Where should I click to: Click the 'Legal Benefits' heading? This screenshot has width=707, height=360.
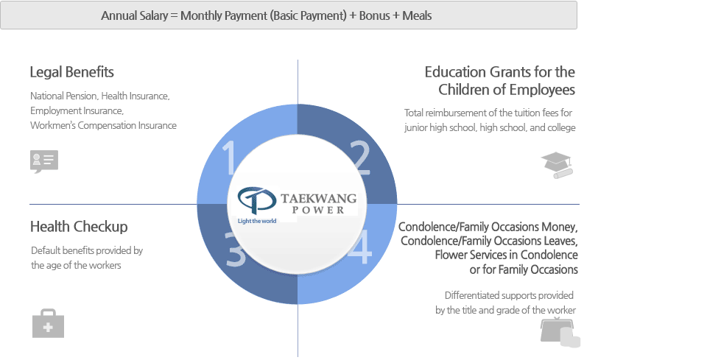71,72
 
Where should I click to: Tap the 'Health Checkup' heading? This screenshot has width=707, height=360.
79,226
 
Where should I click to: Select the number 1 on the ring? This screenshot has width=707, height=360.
230,157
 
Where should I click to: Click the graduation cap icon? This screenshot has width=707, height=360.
557,165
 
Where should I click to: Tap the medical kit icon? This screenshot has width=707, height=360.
49,323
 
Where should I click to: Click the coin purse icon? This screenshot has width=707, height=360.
560,331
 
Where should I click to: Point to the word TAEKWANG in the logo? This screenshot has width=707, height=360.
318,198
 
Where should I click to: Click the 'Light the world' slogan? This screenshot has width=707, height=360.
257,221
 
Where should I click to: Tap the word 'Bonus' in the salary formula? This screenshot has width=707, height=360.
374,15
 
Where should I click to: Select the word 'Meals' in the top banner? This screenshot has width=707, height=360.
417,15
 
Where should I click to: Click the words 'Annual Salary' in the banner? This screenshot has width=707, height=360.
134,15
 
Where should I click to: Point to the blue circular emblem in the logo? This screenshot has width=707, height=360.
256,200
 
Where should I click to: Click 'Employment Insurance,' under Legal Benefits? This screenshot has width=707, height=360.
77,111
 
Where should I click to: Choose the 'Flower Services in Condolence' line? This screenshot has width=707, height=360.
507,255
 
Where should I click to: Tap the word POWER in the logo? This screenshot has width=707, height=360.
318,210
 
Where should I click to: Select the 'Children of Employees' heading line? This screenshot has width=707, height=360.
507,89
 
